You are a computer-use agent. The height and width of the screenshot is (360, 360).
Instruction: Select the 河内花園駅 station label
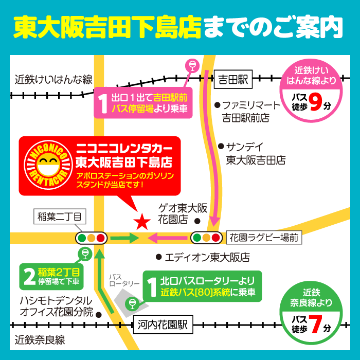pyautogui.click(x=162, y=325)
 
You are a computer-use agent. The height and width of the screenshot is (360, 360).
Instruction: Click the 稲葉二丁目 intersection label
pyautogui.click(x=60, y=217)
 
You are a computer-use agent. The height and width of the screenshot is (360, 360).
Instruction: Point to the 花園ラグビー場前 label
pyautogui.click(x=263, y=238)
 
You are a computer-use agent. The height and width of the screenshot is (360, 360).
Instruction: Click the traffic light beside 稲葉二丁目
pyautogui.click(x=92, y=238)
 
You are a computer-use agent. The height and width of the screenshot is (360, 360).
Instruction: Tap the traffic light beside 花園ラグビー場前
pyautogui.click(x=207, y=238)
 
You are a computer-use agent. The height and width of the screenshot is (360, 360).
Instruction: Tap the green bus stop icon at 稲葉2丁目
pyautogui.click(x=84, y=253)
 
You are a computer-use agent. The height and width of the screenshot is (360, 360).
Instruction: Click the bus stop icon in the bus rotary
pyautogui.click(x=132, y=303)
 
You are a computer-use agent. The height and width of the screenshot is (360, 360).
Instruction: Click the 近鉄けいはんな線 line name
pyautogui.click(x=53, y=80)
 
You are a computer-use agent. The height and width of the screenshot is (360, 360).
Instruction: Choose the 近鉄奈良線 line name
pyautogui.click(x=40, y=340)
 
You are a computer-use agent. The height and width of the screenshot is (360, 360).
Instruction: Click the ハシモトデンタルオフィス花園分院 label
pyautogui.click(x=56, y=307)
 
